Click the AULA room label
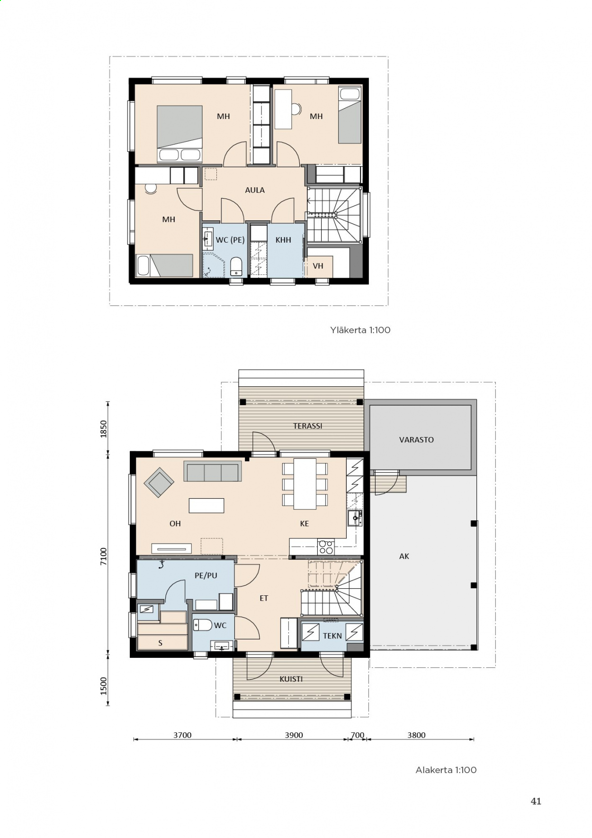coord(255,190)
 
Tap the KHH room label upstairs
coord(283,240)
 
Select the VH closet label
coord(318,266)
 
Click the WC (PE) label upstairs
coord(230,240)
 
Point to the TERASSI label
coord(308,426)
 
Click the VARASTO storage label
coord(416,440)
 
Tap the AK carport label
coord(404,556)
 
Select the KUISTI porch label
coord(291,679)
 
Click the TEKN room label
coord(332,636)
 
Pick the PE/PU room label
coord(206,575)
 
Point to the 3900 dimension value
coord(294,735)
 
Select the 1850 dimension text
coord(104,429)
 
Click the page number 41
coord(536,801)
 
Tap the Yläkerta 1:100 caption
coord(360,330)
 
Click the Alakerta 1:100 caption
coord(446,770)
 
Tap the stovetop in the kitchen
coord(326,547)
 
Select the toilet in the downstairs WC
coord(203,625)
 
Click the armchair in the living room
coord(159,483)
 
